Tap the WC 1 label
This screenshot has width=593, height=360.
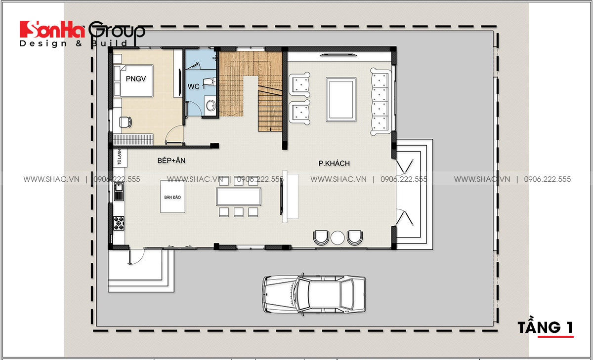pos(196,87)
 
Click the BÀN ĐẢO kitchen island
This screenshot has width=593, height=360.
pos(172,197)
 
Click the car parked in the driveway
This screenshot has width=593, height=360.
pos(314,294)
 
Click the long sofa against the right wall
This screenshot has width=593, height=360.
pos(381,101)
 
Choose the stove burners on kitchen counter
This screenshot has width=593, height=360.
pos(119,223)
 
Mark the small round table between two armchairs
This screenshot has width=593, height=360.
pos(338,238)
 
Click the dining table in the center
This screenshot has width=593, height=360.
pos(238,197)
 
